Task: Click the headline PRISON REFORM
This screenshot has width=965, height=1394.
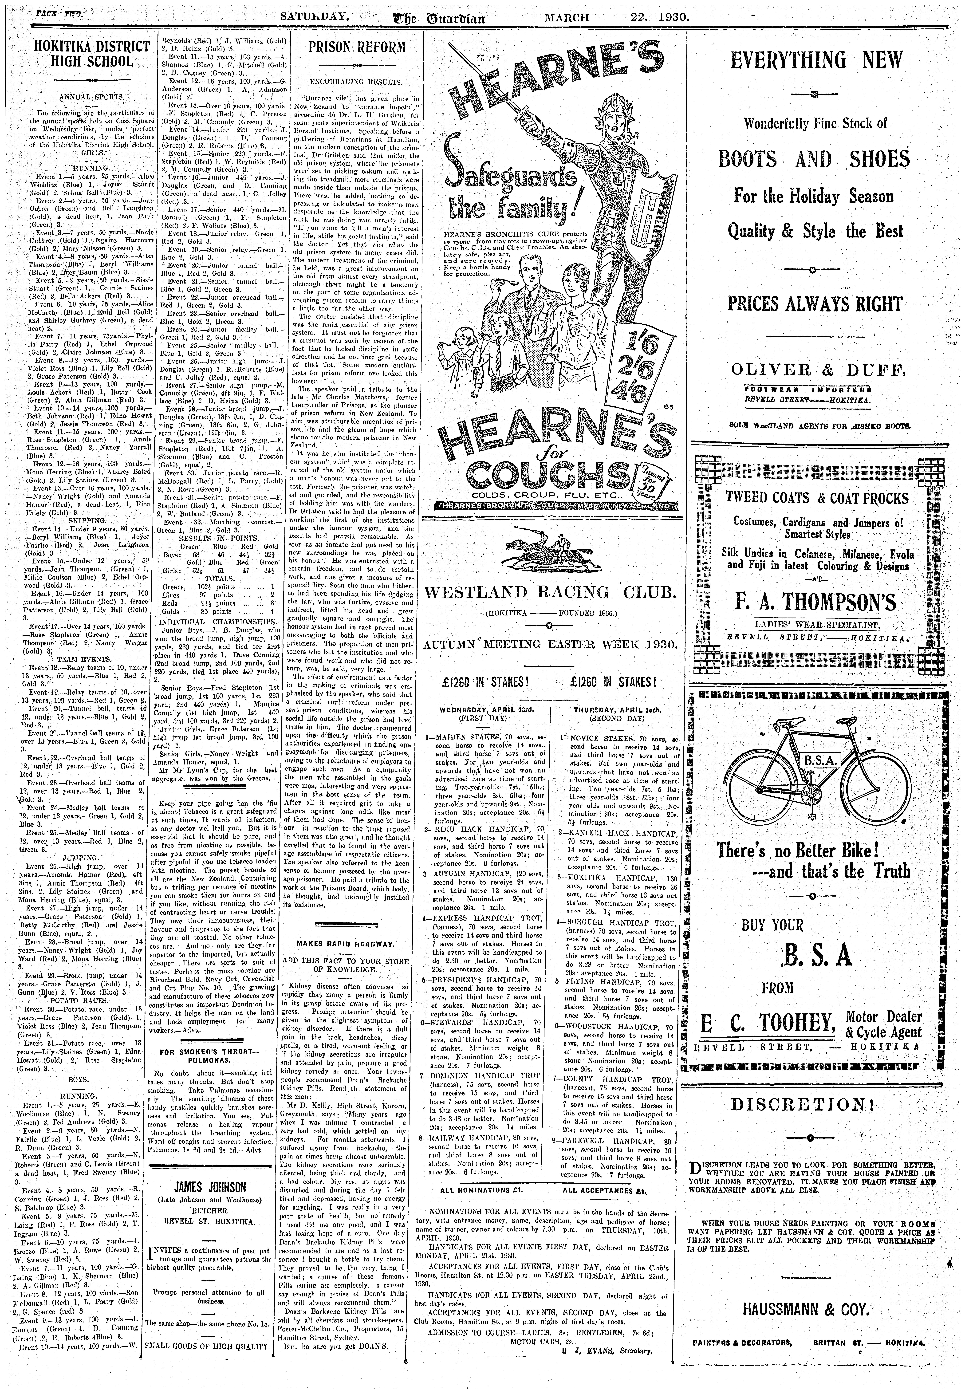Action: click(x=357, y=47)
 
